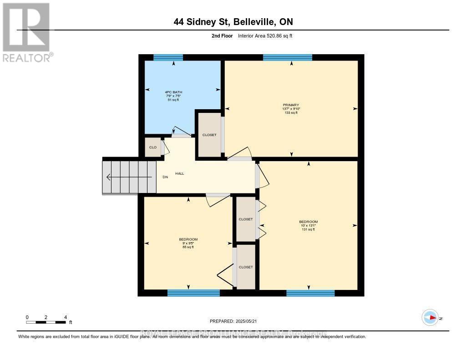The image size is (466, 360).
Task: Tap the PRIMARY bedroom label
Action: pyautogui.click(x=291, y=108)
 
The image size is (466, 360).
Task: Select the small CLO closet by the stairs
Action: pyautogui.click(x=152, y=147)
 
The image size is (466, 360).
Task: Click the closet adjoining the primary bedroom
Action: pyautogui.click(x=209, y=135)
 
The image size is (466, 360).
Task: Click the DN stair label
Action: pyautogui.click(x=165, y=177)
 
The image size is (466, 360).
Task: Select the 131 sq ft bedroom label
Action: pyautogui.click(x=308, y=225)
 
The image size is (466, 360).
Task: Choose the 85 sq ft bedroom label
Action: pyautogui.click(x=188, y=243)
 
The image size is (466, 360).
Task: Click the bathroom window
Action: pyautogui.click(x=168, y=57)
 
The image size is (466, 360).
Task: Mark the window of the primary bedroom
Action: pyautogui.click(x=288, y=57)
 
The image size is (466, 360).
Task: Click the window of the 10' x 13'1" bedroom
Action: pyautogui.click(x=310, y=293)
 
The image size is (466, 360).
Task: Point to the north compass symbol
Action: pyautogui.click(x=430, y=318)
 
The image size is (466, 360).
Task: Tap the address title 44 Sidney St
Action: pyautogui.click(x=233, y=22)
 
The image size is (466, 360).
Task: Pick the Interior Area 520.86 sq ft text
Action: pyautogui.click(x=265, y=35)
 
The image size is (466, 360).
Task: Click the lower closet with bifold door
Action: pyautogui.click(x=246, y=267)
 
